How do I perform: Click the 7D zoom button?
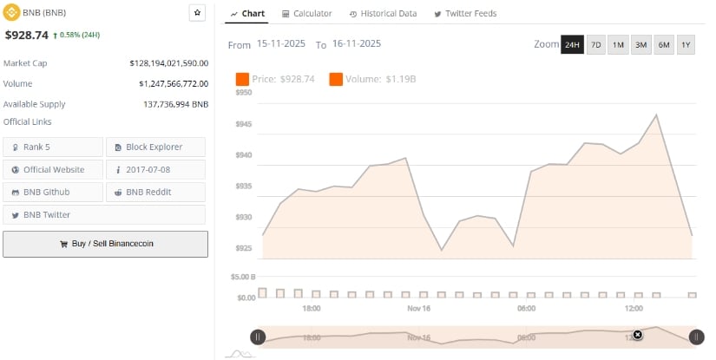click(595, 44)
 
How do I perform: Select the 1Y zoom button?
click(686, 44)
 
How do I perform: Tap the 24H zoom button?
click(572, 44)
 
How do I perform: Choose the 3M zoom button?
click(640, 44)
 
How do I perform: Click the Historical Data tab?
click(383, 14)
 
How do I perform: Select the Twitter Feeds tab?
click(461, 14)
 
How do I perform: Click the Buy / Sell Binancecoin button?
click(105, 244)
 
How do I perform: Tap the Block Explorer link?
click(155, 147)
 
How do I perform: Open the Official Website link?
click(52, 169)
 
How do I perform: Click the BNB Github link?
click(52, 192)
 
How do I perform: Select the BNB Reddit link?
click(155, 192)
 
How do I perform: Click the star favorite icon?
click(197, 13)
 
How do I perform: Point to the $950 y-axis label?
click(243, 92)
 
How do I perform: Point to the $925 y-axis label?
click(243, 248)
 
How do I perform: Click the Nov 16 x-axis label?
click(419, 308)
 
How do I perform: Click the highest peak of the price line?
click(656, 115)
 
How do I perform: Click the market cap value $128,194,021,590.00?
click(168, 63)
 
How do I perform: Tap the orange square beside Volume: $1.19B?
click(335, 79)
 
